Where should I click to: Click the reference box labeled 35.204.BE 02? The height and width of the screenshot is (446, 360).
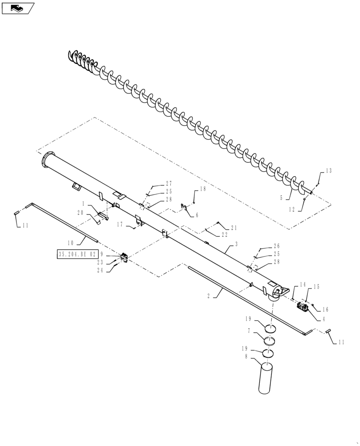coord(77,254)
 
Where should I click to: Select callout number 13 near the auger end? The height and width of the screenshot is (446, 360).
coord(329,171)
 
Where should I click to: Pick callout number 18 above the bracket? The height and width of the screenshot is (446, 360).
coord(202,190)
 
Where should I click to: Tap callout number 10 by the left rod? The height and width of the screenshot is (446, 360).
coord(70,243)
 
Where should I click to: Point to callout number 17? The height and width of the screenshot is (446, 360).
coord(120,225)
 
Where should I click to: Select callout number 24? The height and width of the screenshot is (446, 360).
coord(101,269)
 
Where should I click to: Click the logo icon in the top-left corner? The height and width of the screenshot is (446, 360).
coord(18,8)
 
